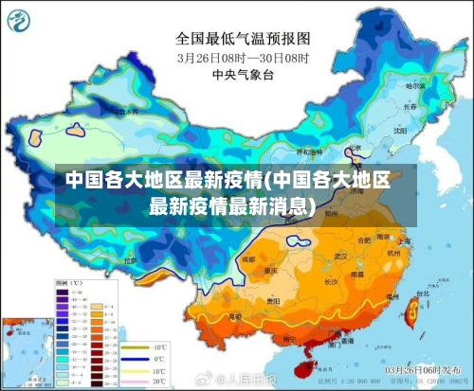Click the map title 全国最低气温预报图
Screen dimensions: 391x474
coord(243,39)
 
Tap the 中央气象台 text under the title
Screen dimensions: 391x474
coord(243,73)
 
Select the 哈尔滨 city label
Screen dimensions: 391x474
coord(414,85)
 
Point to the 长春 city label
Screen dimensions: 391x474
coord(409,105)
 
